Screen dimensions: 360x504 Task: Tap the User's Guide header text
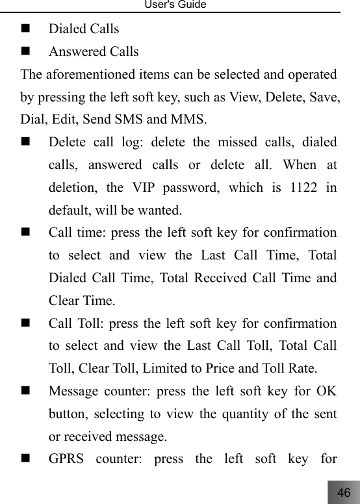180,5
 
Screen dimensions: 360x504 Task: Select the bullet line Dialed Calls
84,29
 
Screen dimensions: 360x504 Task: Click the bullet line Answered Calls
94,51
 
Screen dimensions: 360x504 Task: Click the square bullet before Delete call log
27,142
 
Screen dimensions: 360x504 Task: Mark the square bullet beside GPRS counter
27,460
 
